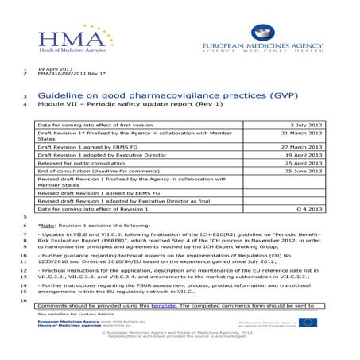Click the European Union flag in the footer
pyautogui.click(x=307, y=323)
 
